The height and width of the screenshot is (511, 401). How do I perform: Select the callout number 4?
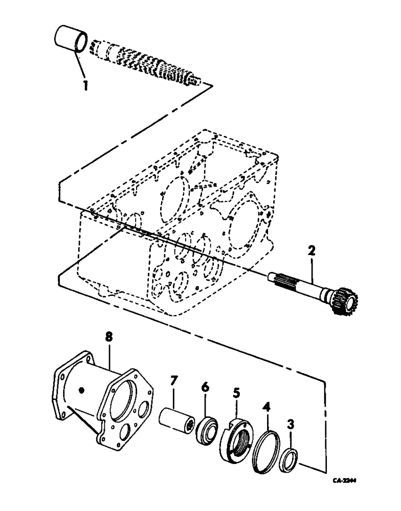click(266, 408)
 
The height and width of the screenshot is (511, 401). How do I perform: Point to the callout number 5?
click(236, 394)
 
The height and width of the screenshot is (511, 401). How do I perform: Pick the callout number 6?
click(205, 388)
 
